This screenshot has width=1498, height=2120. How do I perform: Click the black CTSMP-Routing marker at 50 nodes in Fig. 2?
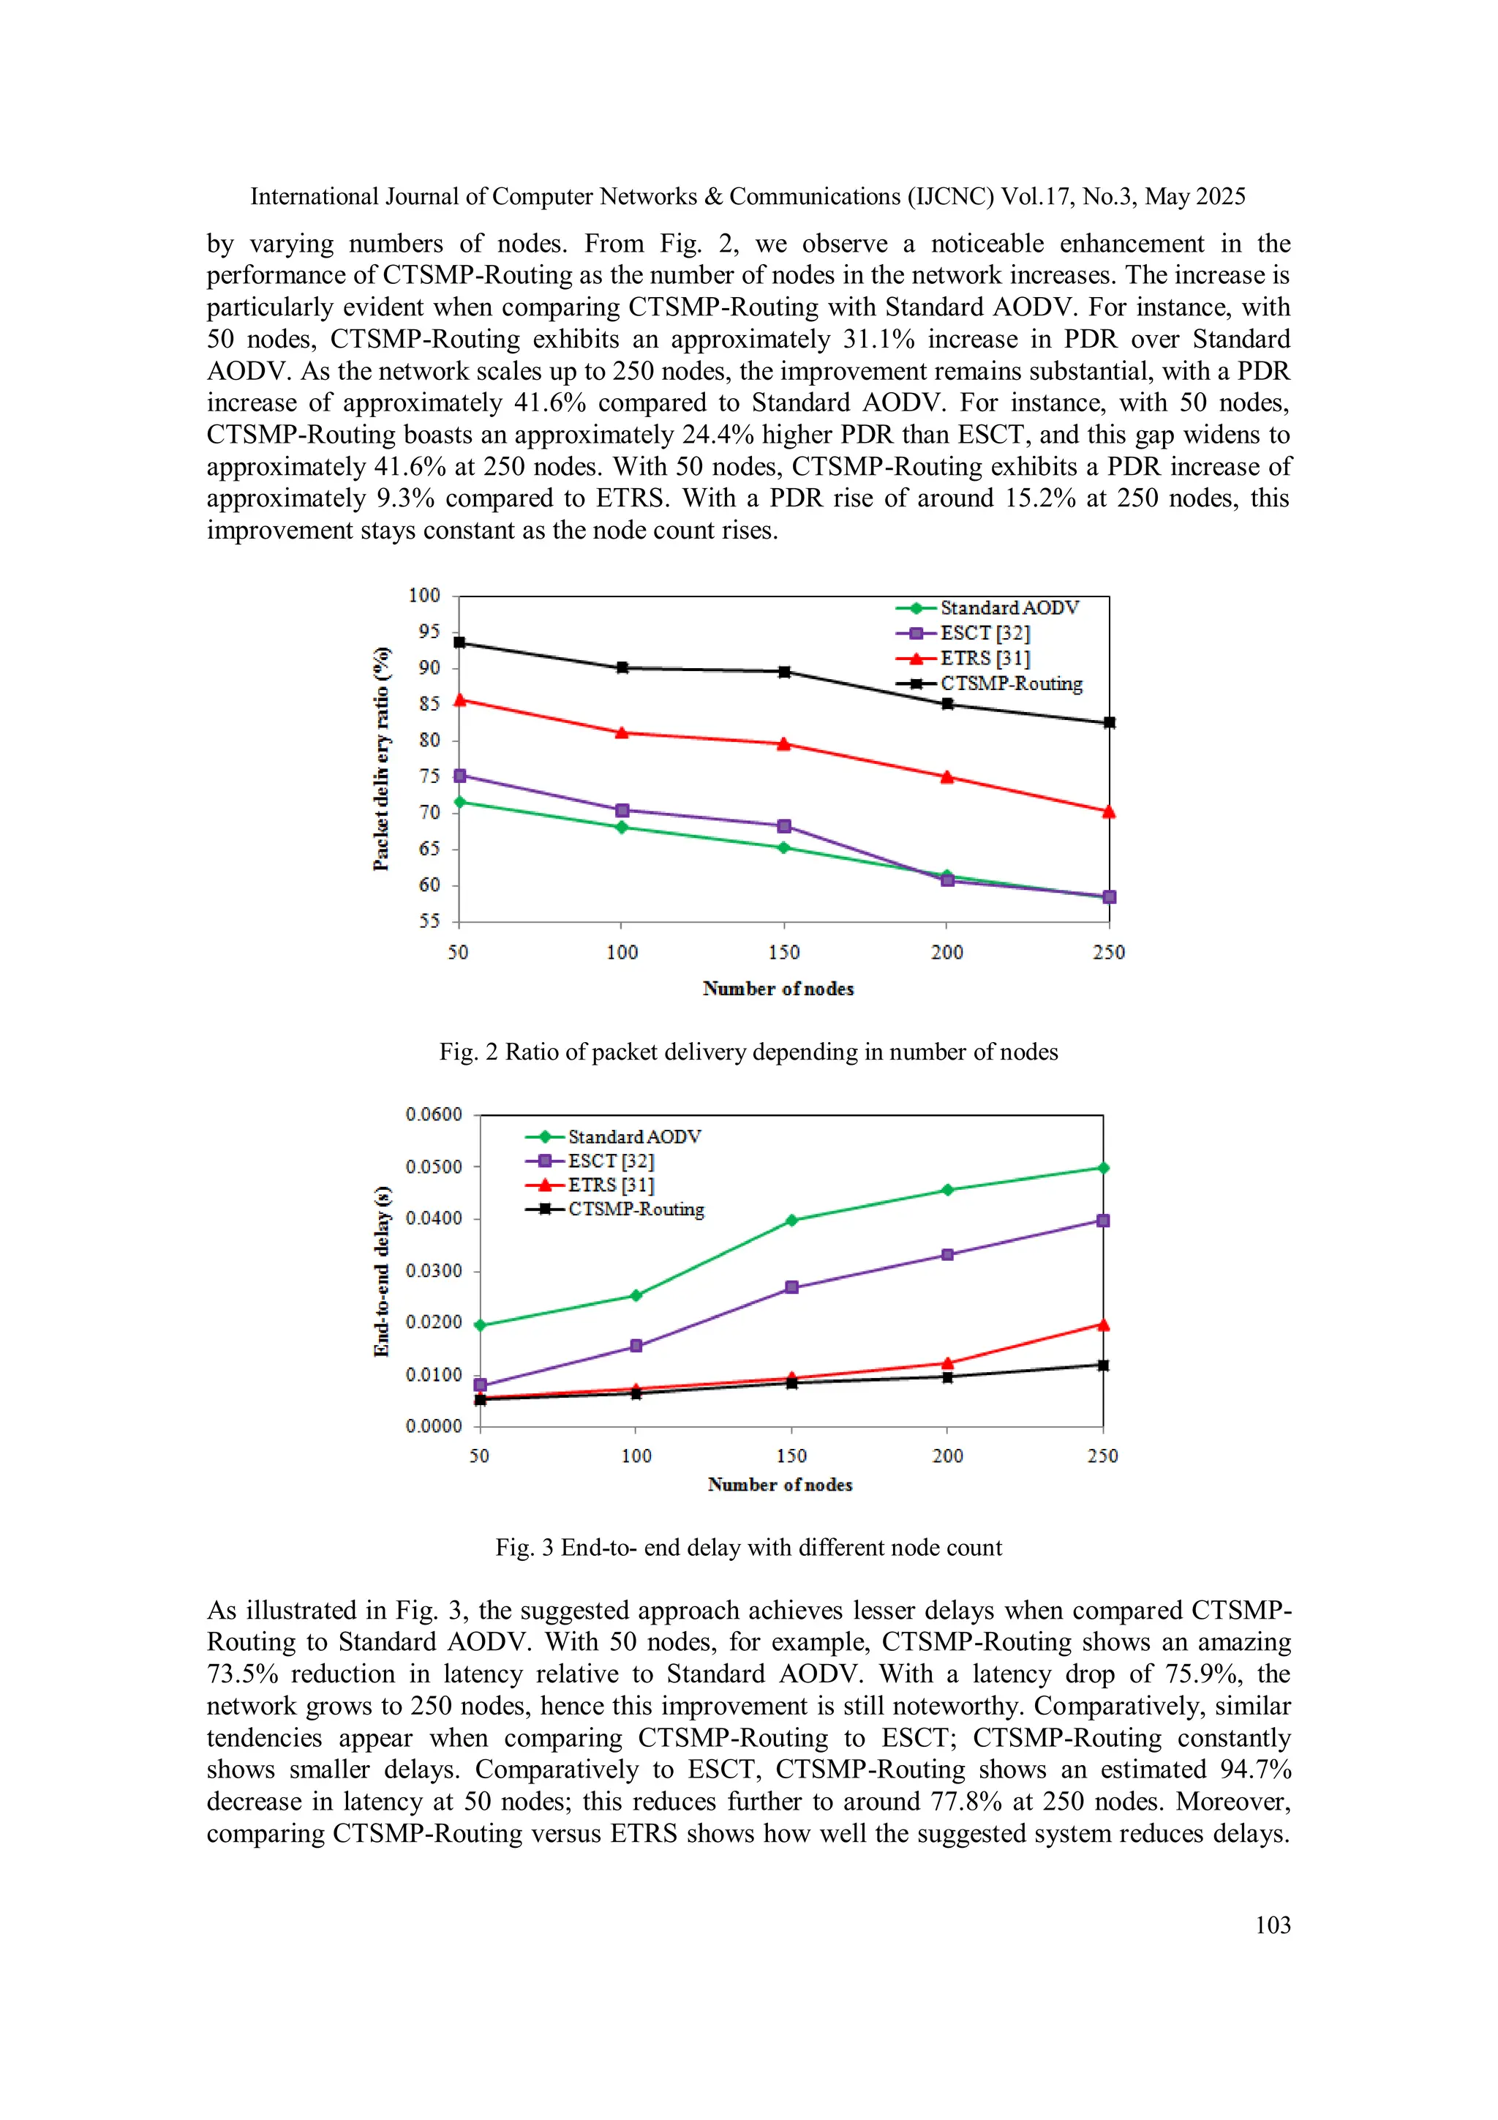pos(459,642)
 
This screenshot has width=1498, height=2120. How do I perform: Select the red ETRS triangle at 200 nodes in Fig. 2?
pos(946,776)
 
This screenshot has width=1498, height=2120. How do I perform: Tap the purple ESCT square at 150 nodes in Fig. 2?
pos(783,825)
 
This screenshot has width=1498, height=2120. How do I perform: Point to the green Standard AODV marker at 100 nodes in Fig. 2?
pos(621,828)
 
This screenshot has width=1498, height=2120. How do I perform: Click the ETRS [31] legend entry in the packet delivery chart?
pos(984,659)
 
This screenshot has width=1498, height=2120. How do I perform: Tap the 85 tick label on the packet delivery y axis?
pos(429,703)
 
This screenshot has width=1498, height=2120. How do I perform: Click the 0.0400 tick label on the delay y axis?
pos(434,1219)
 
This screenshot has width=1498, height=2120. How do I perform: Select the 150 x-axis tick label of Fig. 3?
pos(791,1456)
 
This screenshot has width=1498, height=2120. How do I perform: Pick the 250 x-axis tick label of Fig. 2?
pos(1108,952)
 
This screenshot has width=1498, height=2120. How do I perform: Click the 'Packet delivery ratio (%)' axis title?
pos(381,758)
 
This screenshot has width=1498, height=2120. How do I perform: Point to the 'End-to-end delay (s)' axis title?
pos(381,1270)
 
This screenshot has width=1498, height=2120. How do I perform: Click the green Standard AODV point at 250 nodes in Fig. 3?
pos(1102,1168)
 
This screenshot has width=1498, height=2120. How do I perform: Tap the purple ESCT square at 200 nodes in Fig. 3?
pos(947,1255)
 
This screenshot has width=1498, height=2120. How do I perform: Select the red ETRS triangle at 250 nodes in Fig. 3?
pos(1102,1325)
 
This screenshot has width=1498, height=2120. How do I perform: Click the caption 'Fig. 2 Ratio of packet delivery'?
pos(748,1052)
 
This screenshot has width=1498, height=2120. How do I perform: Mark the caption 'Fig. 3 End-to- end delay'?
pos(748,1548)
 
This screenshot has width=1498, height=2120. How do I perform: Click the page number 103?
pos(1273,1925)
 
